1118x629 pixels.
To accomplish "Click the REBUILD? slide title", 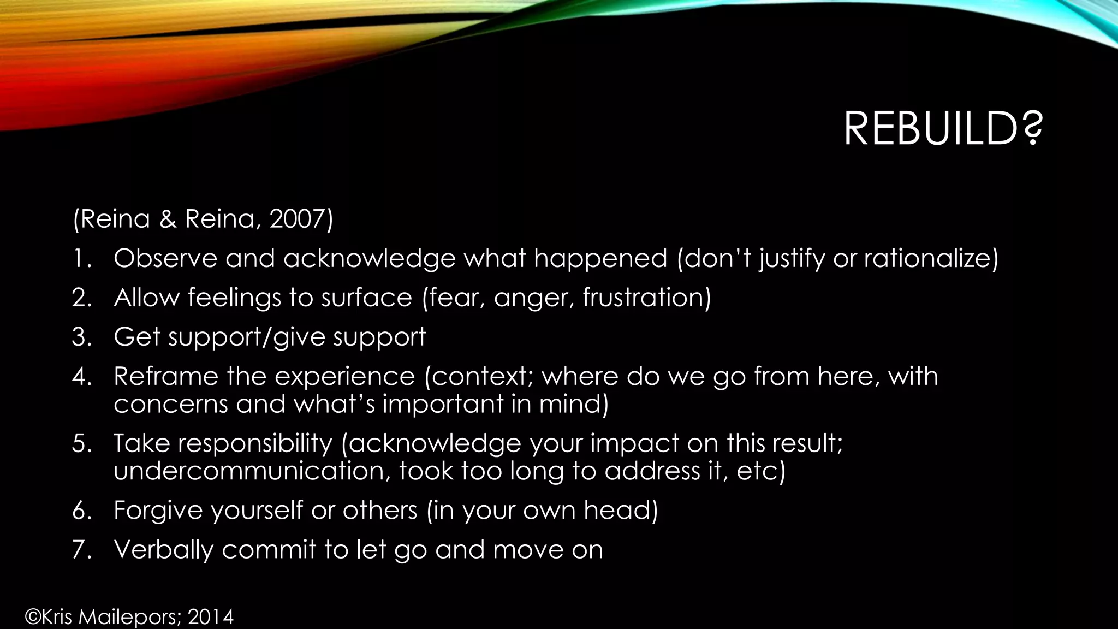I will coord(943,129).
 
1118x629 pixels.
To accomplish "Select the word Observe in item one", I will coord(165,258).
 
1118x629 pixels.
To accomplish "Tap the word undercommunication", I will coord(252,471).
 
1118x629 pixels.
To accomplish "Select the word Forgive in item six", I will coord(158,511).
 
